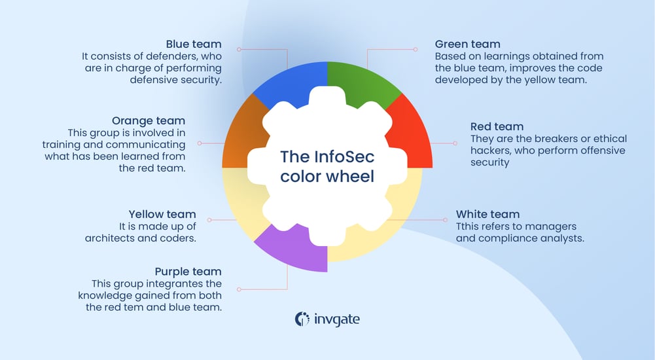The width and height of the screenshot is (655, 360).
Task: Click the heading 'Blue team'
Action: coord(194,45)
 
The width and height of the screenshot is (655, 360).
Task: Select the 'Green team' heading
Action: coord(468,45)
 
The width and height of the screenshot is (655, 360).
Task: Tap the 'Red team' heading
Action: coord(497,127)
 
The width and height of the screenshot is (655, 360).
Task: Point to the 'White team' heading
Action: coord(487,214)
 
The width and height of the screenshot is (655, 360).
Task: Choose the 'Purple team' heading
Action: coord(188,272)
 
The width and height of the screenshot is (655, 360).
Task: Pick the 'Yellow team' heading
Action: coord(162,214)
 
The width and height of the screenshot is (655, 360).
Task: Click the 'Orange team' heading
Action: coord(149,121)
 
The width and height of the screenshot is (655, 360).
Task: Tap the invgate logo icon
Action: coord(302,319)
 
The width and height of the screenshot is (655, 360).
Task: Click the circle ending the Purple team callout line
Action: coord(239,289)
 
